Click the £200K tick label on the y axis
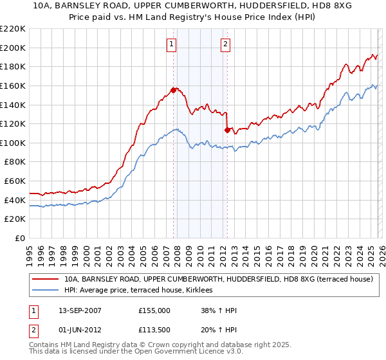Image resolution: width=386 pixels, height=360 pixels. click(13, 48)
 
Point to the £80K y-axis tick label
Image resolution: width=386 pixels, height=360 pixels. click(15, 162)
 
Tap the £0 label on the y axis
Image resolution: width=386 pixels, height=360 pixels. click(21, 239)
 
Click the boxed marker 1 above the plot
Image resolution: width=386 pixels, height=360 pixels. click(172, 44)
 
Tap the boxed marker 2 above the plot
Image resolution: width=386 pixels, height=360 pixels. click(226, 44)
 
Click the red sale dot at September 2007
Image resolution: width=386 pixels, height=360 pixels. click(174, 90)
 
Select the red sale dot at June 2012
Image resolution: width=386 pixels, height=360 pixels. click(227, 130)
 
